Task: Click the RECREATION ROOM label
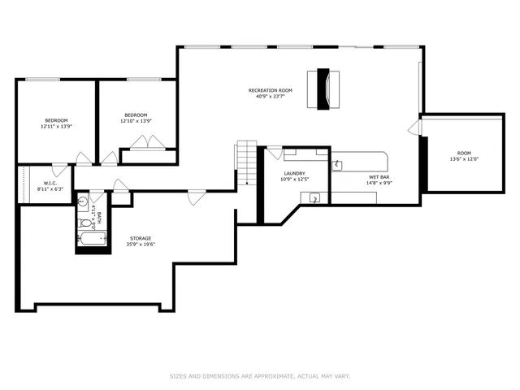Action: tap(270, 90)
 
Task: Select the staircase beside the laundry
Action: tap(247, 162)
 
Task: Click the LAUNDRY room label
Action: tap(293, 173)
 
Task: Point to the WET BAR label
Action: tap(380, 176)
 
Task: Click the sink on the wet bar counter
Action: tap(337, 165)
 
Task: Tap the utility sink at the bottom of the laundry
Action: tap(314, 197)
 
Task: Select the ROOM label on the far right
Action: tap(463, 153)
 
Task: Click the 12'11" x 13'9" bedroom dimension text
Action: tap(56, 127)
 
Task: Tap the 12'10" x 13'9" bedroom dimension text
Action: tap(136, 121)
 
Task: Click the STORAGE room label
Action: tap(140, 238)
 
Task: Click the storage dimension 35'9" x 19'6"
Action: tap(140, 245)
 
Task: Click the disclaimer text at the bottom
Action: tap(259, 376)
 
